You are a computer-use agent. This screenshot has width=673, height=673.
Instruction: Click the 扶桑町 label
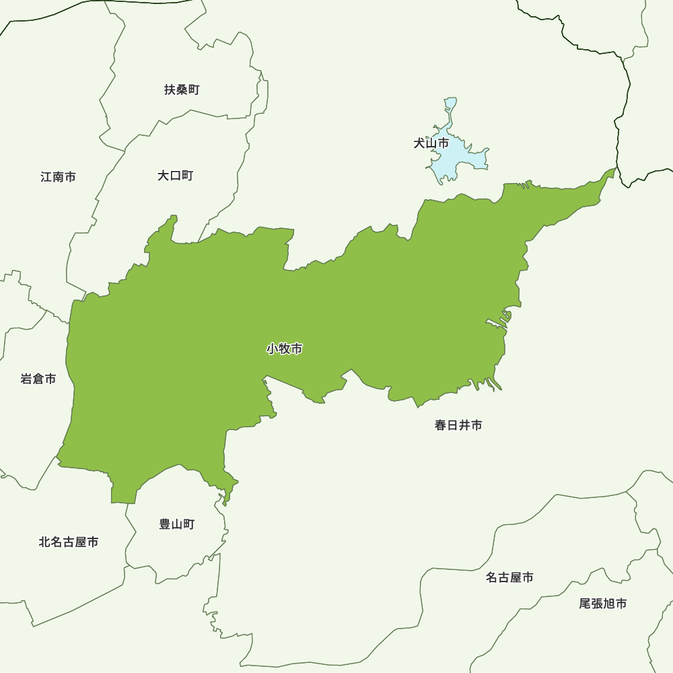[x=182, y=90]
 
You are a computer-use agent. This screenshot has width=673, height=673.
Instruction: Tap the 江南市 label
[x=58, y=177]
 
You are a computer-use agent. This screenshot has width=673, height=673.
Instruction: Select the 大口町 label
[x=175, y=176]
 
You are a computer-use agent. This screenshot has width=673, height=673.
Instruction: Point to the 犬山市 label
[x=431, y=143]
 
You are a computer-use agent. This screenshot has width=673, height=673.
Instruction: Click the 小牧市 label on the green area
[x=284, y=349]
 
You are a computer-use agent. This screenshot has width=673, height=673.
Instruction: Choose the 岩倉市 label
[x=38, y=379]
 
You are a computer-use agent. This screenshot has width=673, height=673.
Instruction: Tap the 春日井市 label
[x=458, y=425]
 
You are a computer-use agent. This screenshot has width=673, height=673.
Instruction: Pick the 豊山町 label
[x=177, y=524]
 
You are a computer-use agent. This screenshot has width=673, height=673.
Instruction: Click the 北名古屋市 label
[x=69, y=542]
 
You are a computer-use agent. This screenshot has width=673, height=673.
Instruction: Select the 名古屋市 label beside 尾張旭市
[x=509, y=577]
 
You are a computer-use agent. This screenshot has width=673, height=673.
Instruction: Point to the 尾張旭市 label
[x=603, y=604]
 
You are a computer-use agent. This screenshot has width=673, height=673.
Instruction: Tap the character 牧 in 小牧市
[x=284, y=349]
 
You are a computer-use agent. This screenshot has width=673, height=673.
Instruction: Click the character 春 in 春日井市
[x=441, y=425]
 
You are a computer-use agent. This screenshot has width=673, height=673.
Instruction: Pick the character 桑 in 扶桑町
[x=182, y=90]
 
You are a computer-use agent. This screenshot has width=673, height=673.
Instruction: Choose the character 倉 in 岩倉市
[x=38, y=379]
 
